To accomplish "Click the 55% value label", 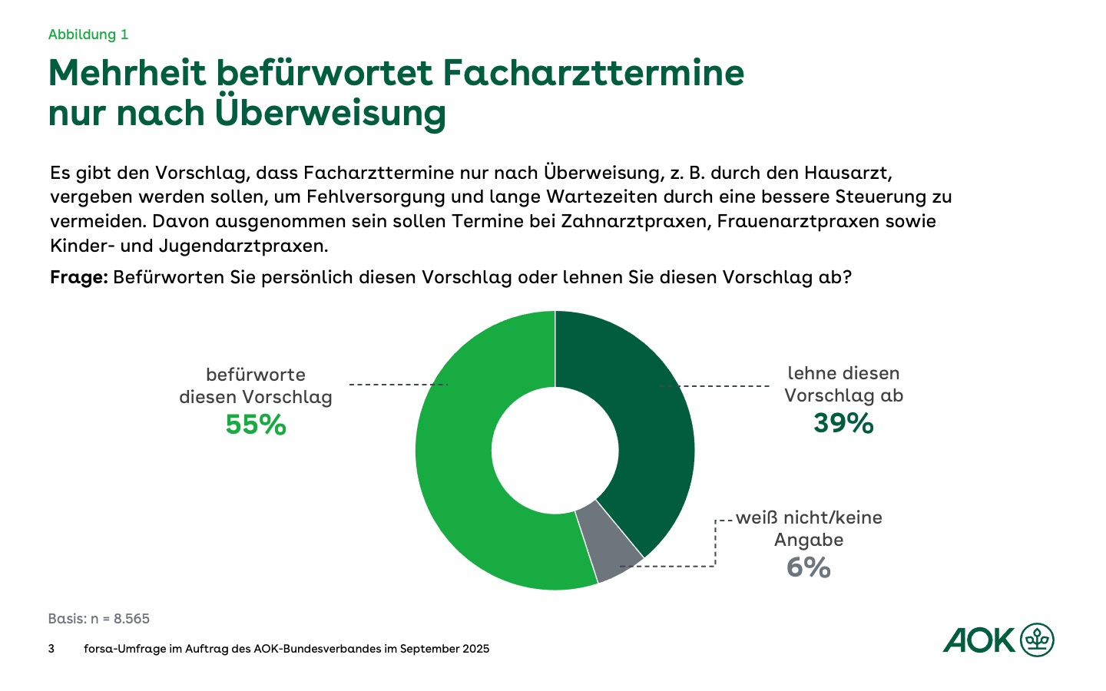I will pos(256,425).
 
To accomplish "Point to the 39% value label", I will pos(843,423).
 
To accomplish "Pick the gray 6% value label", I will pos(809,567).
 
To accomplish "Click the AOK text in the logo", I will pos(979,640).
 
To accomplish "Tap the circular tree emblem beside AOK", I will pos(1037,640).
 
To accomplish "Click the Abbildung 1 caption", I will pos(88,35).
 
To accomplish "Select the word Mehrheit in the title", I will pos(127,73).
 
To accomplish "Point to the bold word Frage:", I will pos(78,277).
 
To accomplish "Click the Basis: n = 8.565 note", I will pos(99,619).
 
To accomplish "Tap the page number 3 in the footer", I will pos(51,649).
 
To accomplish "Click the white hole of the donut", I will pos(555,451).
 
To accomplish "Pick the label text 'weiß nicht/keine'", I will pos(809,517).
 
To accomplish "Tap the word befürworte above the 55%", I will pos(256,375).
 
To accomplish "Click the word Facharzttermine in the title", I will pos(594,73).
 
